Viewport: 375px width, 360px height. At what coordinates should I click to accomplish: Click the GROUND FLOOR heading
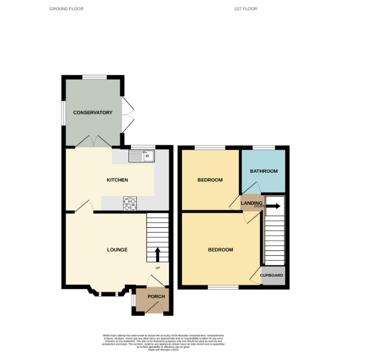pos(66,9)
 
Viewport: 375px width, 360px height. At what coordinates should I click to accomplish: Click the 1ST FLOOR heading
pos(245,9)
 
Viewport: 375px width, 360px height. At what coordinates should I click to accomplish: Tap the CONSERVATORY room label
pos(93,112)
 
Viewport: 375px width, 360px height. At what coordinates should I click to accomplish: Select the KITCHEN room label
pos(117,180)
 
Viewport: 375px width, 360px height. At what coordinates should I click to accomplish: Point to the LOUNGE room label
pos(117,250)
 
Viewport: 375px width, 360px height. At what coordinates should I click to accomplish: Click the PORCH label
pos(156,297)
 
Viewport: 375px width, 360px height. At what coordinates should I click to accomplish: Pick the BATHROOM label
pos(264,171)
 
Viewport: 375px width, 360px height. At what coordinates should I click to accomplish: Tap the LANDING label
pos(251,203)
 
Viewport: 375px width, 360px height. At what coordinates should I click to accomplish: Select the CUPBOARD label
pos(271,275)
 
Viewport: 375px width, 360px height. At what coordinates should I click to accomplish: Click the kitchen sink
pos(141,156)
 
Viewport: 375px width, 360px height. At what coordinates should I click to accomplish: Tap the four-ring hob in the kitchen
pos(130,204)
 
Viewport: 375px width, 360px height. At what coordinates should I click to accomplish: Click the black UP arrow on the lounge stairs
pos(158,254)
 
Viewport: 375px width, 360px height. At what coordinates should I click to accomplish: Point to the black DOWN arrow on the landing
pos(273,207)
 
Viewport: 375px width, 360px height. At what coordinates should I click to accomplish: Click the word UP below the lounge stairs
pos(158,268)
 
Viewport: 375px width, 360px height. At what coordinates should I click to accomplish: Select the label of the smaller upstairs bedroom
pos(210,180)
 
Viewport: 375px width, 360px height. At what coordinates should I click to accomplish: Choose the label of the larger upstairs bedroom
pos(220,250)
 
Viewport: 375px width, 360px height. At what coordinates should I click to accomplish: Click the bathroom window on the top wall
pos(263,147)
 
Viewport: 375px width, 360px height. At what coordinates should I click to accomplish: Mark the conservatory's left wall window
pos(63,112)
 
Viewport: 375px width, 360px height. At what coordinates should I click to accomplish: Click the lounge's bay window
pos(107,294)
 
